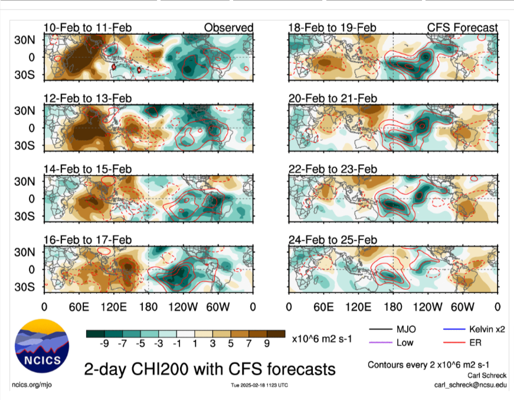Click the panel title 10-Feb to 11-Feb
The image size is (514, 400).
tap(87, 28)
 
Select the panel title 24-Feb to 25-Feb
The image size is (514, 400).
tap(332, 240)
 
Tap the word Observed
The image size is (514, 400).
tap(228, 28)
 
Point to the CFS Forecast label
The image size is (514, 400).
tap(462, 28)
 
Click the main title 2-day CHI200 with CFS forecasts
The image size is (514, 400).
tap(209, 369)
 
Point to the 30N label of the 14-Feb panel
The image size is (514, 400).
tap(27, 181)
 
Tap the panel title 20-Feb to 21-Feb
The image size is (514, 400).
tap(332, 98)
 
